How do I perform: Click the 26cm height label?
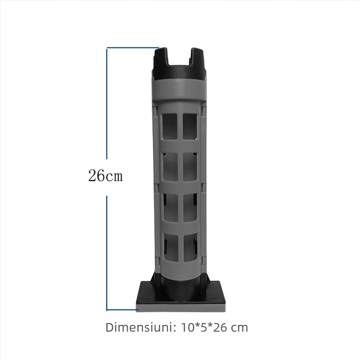click(x=105, y=175)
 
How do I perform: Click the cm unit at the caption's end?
click(x=240, y=327)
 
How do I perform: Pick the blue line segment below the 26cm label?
click(x=107, y=252)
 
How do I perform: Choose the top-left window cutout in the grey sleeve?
click(x=169, y=127)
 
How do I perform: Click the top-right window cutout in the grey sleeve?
click(x=189, y=127)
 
